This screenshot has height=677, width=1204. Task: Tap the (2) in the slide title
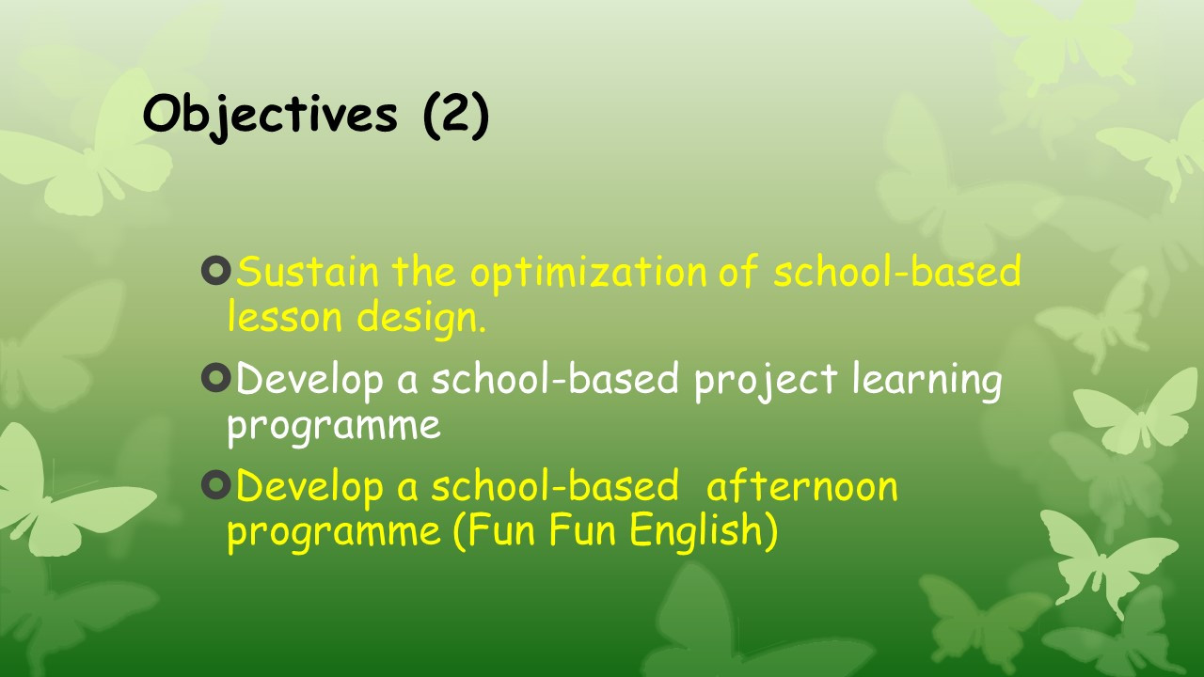[456, 116]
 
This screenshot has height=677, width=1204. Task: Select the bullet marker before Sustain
[215, 270]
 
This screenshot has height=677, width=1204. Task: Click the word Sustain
[308, 271]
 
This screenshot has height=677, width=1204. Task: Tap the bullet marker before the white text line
[215, 378]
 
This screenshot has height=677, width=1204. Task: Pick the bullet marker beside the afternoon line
[215, 485]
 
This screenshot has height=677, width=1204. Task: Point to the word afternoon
[802, 486]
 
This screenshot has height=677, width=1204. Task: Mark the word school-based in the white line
[555, 378]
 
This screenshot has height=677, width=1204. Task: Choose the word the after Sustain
[424, 271]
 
